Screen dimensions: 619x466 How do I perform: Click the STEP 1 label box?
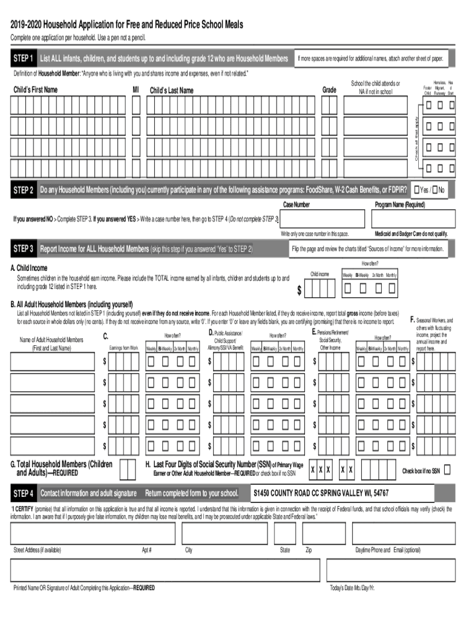[23, 59]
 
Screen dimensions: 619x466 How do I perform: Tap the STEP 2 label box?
[23, 191]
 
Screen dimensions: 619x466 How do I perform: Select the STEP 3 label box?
[23, 249]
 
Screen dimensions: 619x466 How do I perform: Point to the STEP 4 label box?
[23, 493]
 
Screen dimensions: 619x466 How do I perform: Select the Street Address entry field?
[93, 534]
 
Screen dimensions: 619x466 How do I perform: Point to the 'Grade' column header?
[329, 89]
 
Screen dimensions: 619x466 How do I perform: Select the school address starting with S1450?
[321, 493]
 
